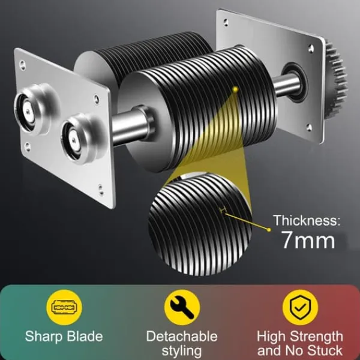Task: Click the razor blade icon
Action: tap(64, 307)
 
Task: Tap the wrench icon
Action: tap(182, 307)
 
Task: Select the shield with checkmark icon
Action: tap(300, 307)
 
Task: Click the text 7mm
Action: tap(308, 240)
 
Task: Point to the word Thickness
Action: tap(305, 220)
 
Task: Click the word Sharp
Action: tap(43, 337)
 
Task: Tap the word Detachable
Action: tap(182, 337)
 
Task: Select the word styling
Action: tap(182, 351)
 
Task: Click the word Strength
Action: tap(316, 337)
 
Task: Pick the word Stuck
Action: tap(325, 350)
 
